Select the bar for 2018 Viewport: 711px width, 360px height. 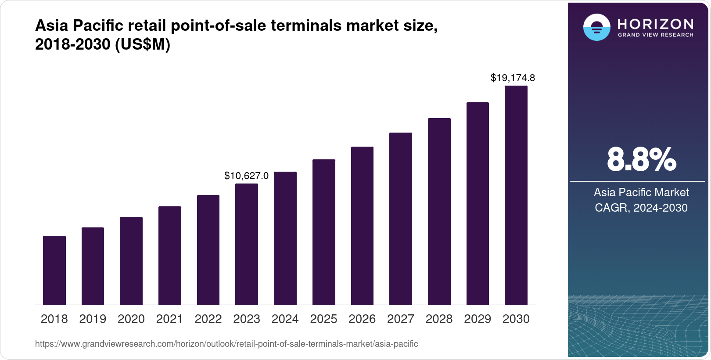(54, 270)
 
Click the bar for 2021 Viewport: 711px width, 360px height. (170, 256)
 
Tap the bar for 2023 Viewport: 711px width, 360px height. (247, 244)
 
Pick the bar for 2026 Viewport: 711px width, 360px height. (362, 226)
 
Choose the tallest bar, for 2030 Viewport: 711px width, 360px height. (516, 195)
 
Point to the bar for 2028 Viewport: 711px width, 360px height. (439, 212)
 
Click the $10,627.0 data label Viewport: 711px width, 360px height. (246, 176)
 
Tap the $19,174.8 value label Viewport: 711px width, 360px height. (513, 78)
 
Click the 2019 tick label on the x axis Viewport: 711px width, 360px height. (93, 319)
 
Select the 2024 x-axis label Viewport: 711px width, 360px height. (285, 319)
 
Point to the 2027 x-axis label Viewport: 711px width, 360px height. (400, 319)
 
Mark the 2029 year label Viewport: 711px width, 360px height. (478, 319)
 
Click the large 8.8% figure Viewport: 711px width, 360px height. (641, 160)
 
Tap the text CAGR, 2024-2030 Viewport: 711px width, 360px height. (641, 208)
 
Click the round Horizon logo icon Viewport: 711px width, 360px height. (596, 27)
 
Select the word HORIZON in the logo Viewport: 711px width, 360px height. (656, 24)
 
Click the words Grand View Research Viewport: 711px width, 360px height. (656, 35)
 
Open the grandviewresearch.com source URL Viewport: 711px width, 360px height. (226, 344)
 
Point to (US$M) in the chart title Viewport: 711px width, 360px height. (142, 44)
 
